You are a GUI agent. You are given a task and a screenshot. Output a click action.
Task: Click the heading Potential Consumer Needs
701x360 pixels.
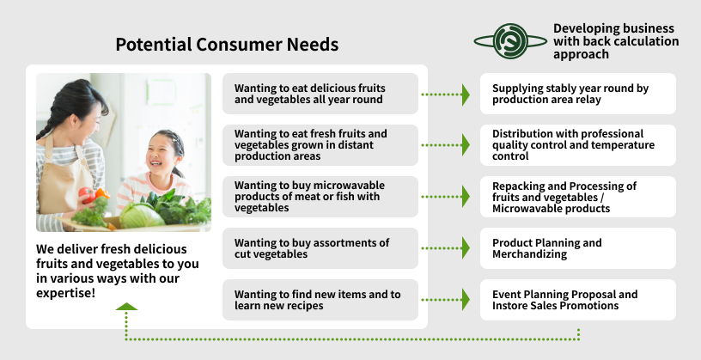point(227,45)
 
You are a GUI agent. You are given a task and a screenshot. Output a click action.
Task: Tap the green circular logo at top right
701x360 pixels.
point(509,40)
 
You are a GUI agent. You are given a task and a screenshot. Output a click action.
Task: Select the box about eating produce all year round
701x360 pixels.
point(320,94)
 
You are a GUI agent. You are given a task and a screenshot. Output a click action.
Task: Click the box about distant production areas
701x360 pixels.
point(320,145)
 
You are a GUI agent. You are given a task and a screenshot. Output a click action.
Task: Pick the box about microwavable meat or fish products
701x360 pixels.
point(320,197)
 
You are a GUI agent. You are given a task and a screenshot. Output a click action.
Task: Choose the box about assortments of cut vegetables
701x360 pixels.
point(320,248)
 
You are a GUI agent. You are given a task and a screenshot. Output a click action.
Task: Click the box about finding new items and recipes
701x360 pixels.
point(320,300)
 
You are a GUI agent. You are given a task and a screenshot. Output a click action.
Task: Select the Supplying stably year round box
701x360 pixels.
point(577,94)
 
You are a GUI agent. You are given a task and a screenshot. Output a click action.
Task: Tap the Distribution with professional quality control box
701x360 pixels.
point(577,145)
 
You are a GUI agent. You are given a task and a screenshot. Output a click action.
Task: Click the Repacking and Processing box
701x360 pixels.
point(577,197)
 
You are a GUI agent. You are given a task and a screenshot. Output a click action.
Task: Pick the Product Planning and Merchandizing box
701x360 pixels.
point(577,248)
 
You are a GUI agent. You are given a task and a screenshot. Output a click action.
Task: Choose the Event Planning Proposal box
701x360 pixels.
point(577,300)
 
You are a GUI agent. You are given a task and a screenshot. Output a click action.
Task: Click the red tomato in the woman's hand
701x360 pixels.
point(85,193)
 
